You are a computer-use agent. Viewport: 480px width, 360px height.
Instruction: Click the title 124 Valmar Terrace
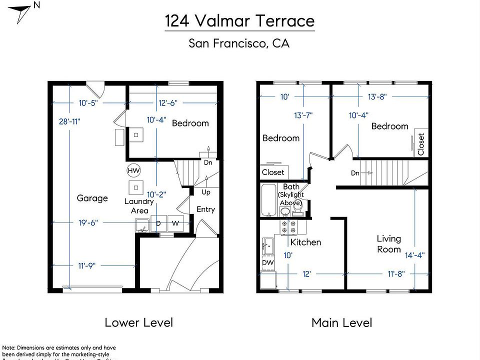pos(240,21)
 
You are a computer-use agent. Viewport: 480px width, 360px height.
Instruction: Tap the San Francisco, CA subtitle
pos(239,43)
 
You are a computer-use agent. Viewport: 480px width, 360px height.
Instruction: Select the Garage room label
pos(92,198)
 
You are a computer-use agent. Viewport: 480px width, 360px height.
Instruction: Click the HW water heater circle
pos(133,170)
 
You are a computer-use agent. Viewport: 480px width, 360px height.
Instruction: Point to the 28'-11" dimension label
pos(69,121)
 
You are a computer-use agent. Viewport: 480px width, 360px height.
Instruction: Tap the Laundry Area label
pos(139,206)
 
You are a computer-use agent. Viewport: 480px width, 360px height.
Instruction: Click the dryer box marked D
pos(158,223)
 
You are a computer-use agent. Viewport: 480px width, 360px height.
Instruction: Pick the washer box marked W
pos(175,223)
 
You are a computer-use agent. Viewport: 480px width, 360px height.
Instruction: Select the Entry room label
pos(205,209)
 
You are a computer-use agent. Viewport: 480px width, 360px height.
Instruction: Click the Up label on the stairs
pos(205,192)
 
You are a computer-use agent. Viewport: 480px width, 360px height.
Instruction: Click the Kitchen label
pos(305,242)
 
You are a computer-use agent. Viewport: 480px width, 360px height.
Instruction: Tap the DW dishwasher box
pos(267,263)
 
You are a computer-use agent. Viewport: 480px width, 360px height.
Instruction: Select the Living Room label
pos(389,244)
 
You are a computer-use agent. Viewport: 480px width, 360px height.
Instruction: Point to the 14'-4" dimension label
pos(415,254)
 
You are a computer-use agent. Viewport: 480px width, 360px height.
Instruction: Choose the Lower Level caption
pos(138,322)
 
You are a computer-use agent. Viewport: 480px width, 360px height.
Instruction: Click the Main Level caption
pos(341,323)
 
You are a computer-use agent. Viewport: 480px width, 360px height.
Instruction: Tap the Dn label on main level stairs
pos(355,173)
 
